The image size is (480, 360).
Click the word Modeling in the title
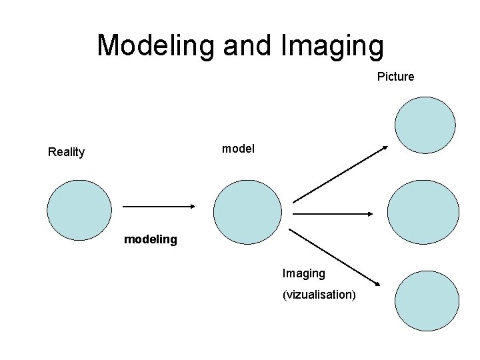coord(156,45)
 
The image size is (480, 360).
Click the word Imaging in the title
coord(333,45)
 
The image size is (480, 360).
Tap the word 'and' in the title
coord(246,45)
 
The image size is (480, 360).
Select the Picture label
coord(395,77)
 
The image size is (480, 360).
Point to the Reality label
coord(66,152)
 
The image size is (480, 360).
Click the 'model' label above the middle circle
coord(238,149)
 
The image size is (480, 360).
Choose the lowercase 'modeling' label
coord(151,239)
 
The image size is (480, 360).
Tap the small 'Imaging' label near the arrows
coord(304,273)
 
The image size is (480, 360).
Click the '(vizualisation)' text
coord(319,295)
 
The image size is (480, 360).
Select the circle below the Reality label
coord(79,210)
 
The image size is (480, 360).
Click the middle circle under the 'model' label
coord(247,212)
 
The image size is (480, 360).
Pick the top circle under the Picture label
coord(425,125)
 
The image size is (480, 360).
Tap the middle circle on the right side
coord(423,212)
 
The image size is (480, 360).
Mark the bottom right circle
coord(426,300)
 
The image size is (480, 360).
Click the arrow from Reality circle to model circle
coord(159,207)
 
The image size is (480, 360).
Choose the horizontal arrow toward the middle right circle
coord(333,213)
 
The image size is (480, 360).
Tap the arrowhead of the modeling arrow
coord(191,207)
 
